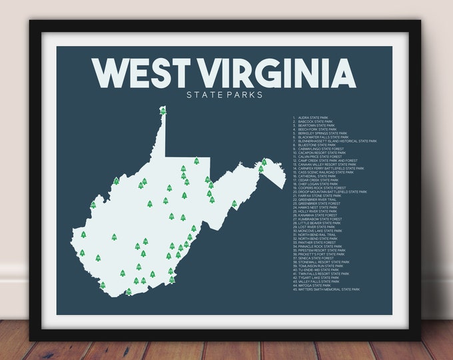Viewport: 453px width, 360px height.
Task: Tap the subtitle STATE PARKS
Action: coord(225,95)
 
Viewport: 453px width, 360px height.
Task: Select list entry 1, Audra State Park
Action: coord(316,117)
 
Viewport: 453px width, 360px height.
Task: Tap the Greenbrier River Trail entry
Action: coord(317,199)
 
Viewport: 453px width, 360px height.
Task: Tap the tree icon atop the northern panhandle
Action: coord(163,111)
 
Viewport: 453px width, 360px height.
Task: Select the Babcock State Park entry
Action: coord(317,121)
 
